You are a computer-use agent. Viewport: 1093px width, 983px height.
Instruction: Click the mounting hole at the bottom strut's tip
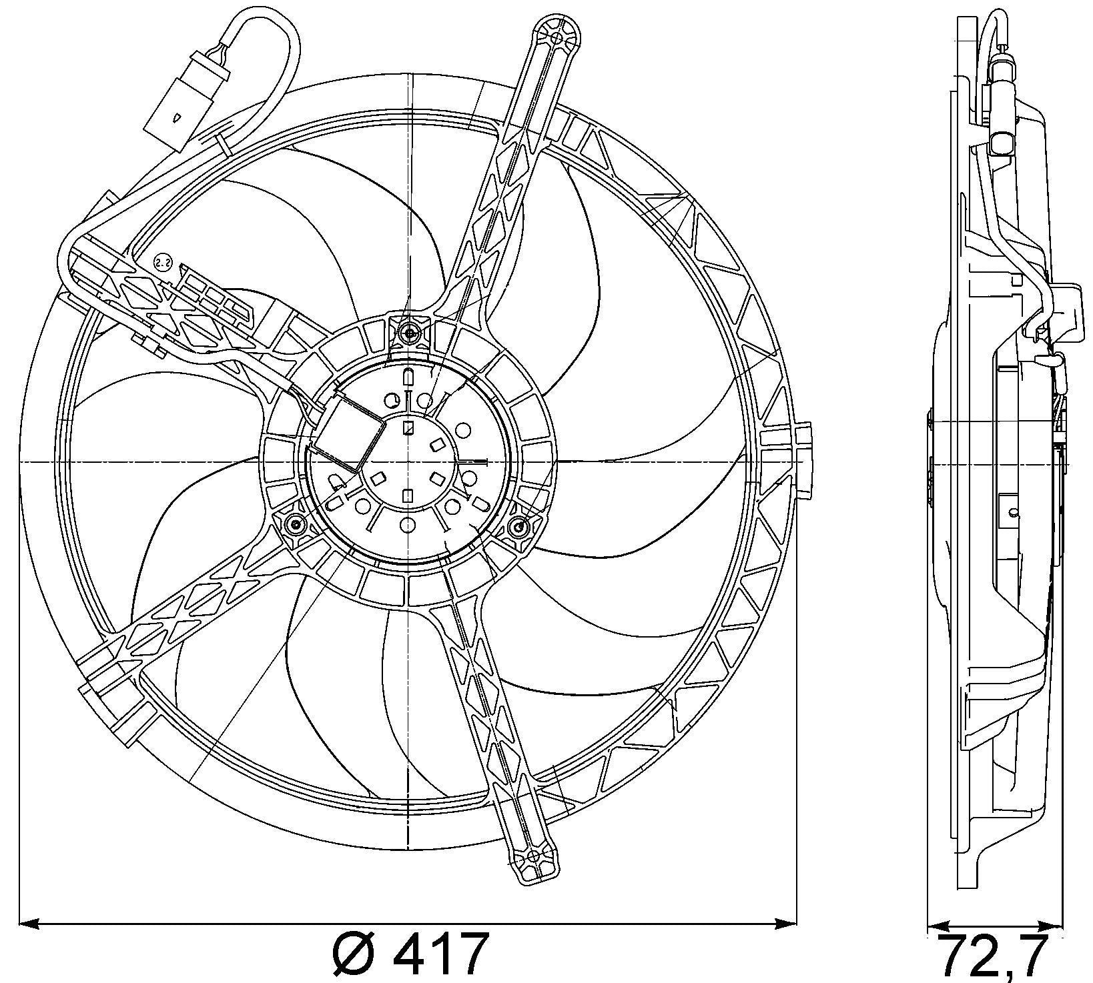pyautogui.click(x=532, y=856)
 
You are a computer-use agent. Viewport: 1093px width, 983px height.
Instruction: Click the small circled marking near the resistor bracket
pyautogui.click(x=162, y=263)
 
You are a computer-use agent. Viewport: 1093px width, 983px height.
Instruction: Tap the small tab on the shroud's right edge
pyautogui.click(x=805, y=460)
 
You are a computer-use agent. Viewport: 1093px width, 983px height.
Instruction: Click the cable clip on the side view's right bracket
pyautogui.click(x=1048, y=360)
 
